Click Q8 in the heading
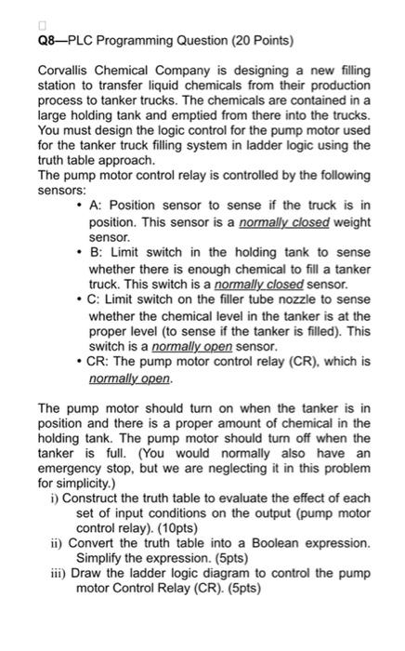pyautogui.click(x=46, y=41)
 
